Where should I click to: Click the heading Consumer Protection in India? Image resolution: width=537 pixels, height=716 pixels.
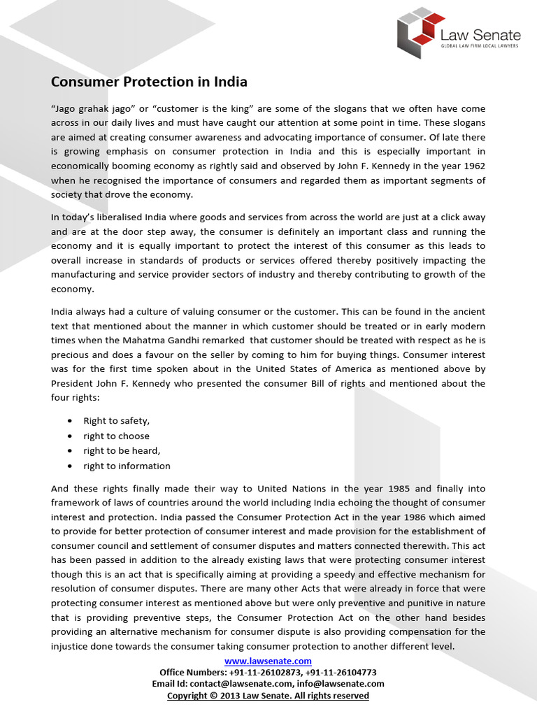click(x=149, y=82)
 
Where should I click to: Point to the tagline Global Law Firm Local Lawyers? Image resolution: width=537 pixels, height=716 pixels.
click(x=479, y=46)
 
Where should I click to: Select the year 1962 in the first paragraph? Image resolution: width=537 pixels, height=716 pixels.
click(x=472, y=166)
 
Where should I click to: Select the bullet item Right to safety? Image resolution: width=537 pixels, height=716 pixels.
click(x=116, y=421)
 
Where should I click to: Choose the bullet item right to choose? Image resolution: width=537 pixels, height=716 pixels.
click(x=116, y=436)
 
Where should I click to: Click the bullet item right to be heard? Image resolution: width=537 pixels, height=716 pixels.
click(x=122, y=451)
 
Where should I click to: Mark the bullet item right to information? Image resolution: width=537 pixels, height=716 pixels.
click(x=127, y=466)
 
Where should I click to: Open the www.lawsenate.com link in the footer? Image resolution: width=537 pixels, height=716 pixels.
click(x=268, y=661)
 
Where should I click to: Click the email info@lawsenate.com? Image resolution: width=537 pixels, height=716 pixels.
click(x=339, y=684)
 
